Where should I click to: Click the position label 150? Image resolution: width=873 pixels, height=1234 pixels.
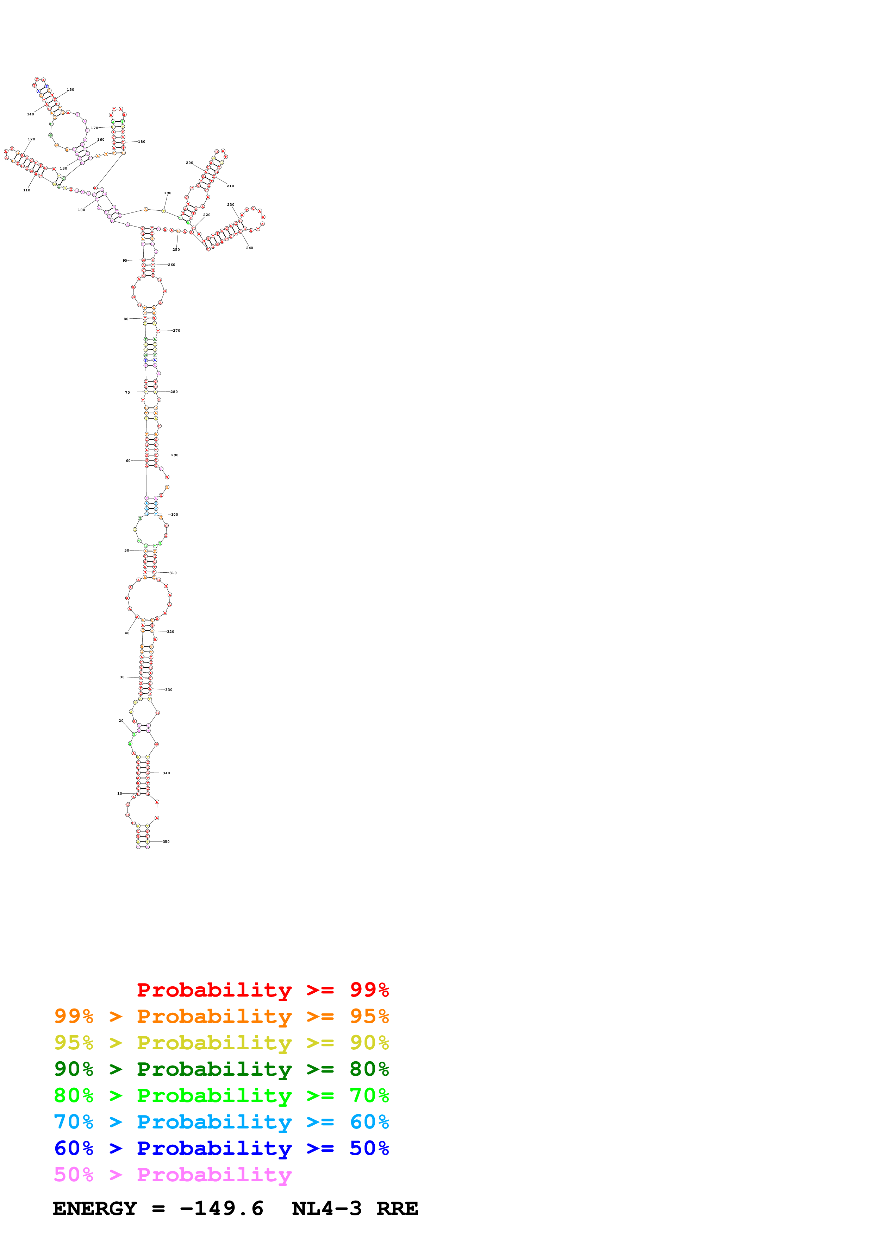click(70, 90)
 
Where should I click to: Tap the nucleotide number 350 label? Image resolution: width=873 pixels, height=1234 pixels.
click(166, 842)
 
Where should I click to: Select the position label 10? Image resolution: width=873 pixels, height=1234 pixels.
click(119, 793)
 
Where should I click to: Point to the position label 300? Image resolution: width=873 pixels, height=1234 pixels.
click(174, 514)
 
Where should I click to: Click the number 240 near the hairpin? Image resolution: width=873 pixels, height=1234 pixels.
click(250, 248)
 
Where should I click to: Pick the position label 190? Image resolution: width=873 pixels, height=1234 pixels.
click(168, 193)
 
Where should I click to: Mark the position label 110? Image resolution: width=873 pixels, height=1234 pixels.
click(27, 190)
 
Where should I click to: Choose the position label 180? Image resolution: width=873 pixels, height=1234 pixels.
click(142, 142)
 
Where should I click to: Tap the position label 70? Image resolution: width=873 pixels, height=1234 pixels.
click(127, 392)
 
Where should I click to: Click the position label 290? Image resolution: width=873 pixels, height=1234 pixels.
click(175, 455)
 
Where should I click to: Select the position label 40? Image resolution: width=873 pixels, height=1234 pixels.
click(127, 633)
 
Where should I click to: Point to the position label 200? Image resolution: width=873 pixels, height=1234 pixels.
click(189, 163)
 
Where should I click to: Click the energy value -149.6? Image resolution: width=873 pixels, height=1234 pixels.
click(222, 1209)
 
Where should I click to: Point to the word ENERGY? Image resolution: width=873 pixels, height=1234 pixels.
click(95, 1209)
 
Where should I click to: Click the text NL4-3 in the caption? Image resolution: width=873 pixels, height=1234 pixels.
click(326, 1209)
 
